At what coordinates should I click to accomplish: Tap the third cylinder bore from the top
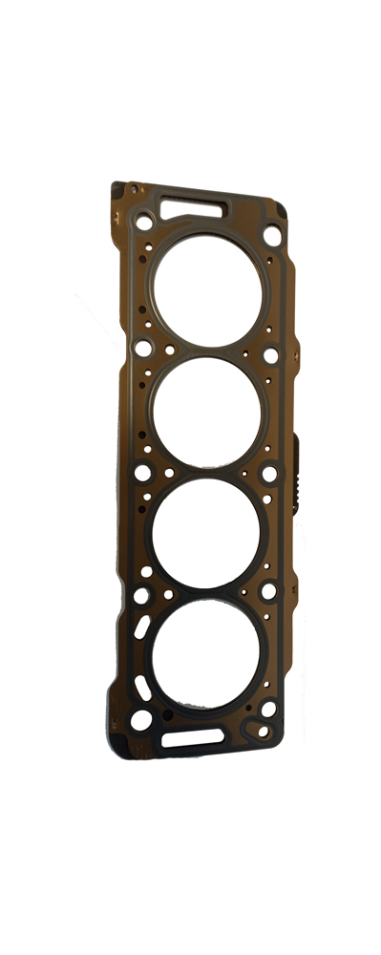[x=205, y=532]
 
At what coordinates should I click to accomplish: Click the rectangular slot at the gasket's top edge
[x=193, y=205]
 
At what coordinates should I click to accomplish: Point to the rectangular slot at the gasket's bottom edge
[x=192, y=738]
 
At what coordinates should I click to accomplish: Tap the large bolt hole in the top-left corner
[x=144, y=223]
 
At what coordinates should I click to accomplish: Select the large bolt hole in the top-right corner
[x=272, y=235]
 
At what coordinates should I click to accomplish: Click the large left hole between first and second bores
[x=143, y=348]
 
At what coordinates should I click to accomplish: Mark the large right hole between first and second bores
[x=271, y=355]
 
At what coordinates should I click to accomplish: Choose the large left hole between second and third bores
[x=142, y=472]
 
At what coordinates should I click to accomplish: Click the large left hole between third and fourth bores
[x=141, y=596]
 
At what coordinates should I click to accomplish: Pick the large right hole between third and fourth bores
[x=269, y=592]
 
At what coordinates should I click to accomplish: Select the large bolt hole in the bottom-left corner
[x=141, y=720]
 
